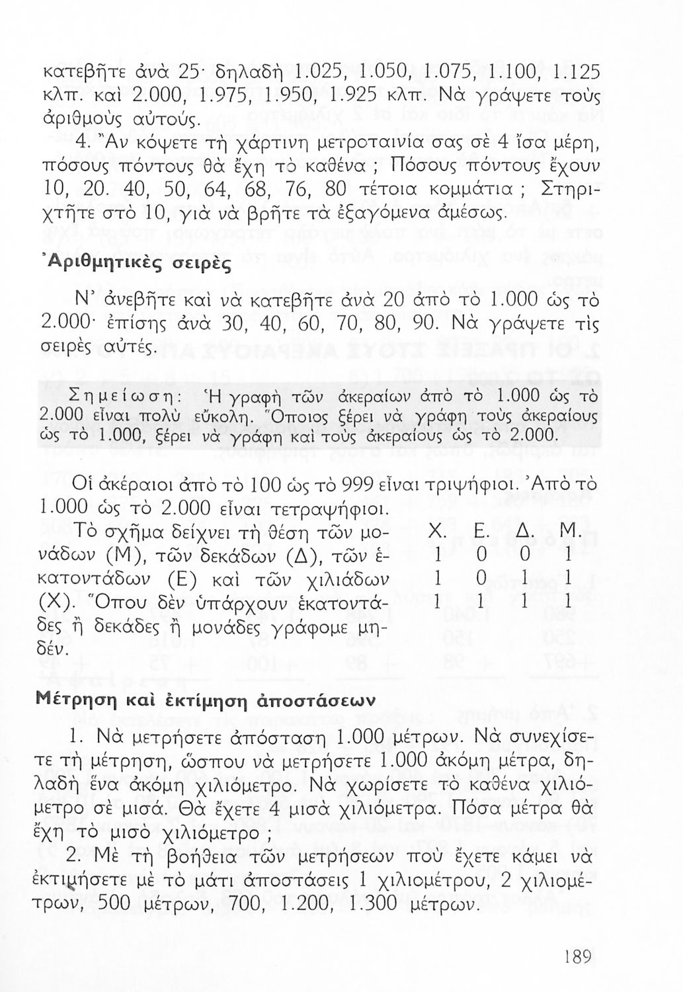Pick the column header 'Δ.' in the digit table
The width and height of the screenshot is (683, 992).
point(524,532)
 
